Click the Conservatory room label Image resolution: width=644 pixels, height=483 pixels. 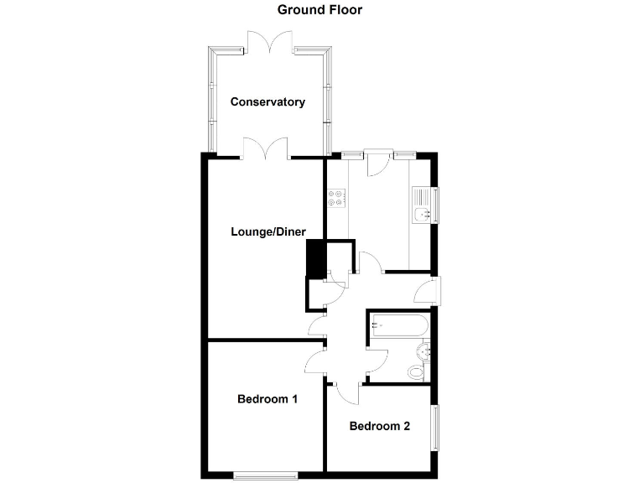(x=267, y=102)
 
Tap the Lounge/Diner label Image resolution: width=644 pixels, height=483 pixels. (x=268, y=232)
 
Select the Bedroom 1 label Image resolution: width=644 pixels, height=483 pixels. (x=267, y=398)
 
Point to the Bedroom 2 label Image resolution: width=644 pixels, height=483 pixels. (x=379, y=426)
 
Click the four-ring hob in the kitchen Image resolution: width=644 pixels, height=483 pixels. (x=336, y=199)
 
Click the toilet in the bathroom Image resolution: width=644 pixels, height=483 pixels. (x=417, y=369)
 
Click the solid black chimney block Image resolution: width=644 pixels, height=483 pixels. (x=316, y=259)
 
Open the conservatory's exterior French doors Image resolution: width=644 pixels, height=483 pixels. (x=269, y=42)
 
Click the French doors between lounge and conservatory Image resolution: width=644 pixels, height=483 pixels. (x=266, y=148)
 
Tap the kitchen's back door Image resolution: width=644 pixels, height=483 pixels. (x=378, y=161)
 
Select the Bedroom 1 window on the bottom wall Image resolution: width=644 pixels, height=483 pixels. (x=265, y=476)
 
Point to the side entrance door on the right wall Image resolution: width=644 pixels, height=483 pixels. (x=429, y=290)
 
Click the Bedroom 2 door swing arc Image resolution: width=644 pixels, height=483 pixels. (x=346, y=392)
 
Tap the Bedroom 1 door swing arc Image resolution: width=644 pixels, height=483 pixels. (x=314, y=363)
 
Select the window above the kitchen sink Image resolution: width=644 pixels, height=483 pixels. (x=436, y=206)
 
